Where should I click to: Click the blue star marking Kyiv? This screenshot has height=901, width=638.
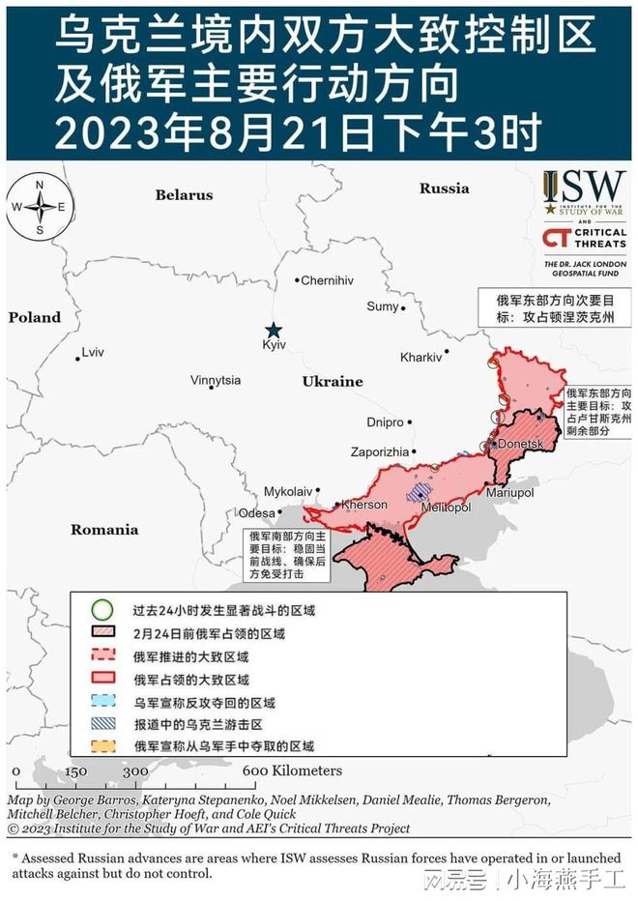coord(275,329)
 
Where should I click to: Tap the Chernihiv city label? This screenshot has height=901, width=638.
coord(327,280)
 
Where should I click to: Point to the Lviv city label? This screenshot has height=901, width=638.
coord(93,352)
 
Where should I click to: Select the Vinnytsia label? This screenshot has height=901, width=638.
coord(216,380)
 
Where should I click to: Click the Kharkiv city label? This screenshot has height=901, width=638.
coord(420,357)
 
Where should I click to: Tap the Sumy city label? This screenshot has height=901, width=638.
coord(382,306)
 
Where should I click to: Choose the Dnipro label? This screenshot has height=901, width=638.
coord(385,422)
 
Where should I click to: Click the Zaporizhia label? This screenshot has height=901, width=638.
coord(379,451)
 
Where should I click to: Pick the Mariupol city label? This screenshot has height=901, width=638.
coord(510,492)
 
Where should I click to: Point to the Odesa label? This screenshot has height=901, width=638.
coord(256,513)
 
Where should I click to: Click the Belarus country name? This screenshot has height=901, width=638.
coord(184,195)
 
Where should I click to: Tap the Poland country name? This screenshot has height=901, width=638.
coord(35,317)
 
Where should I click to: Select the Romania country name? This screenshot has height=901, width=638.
coord(104,530)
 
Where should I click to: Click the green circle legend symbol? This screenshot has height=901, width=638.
coord(101,611)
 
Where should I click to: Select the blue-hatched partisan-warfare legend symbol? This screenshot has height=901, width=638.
coord(101,724)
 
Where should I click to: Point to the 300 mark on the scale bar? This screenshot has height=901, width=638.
coord(136,771)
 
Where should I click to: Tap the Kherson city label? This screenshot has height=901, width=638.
coord(365,505)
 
